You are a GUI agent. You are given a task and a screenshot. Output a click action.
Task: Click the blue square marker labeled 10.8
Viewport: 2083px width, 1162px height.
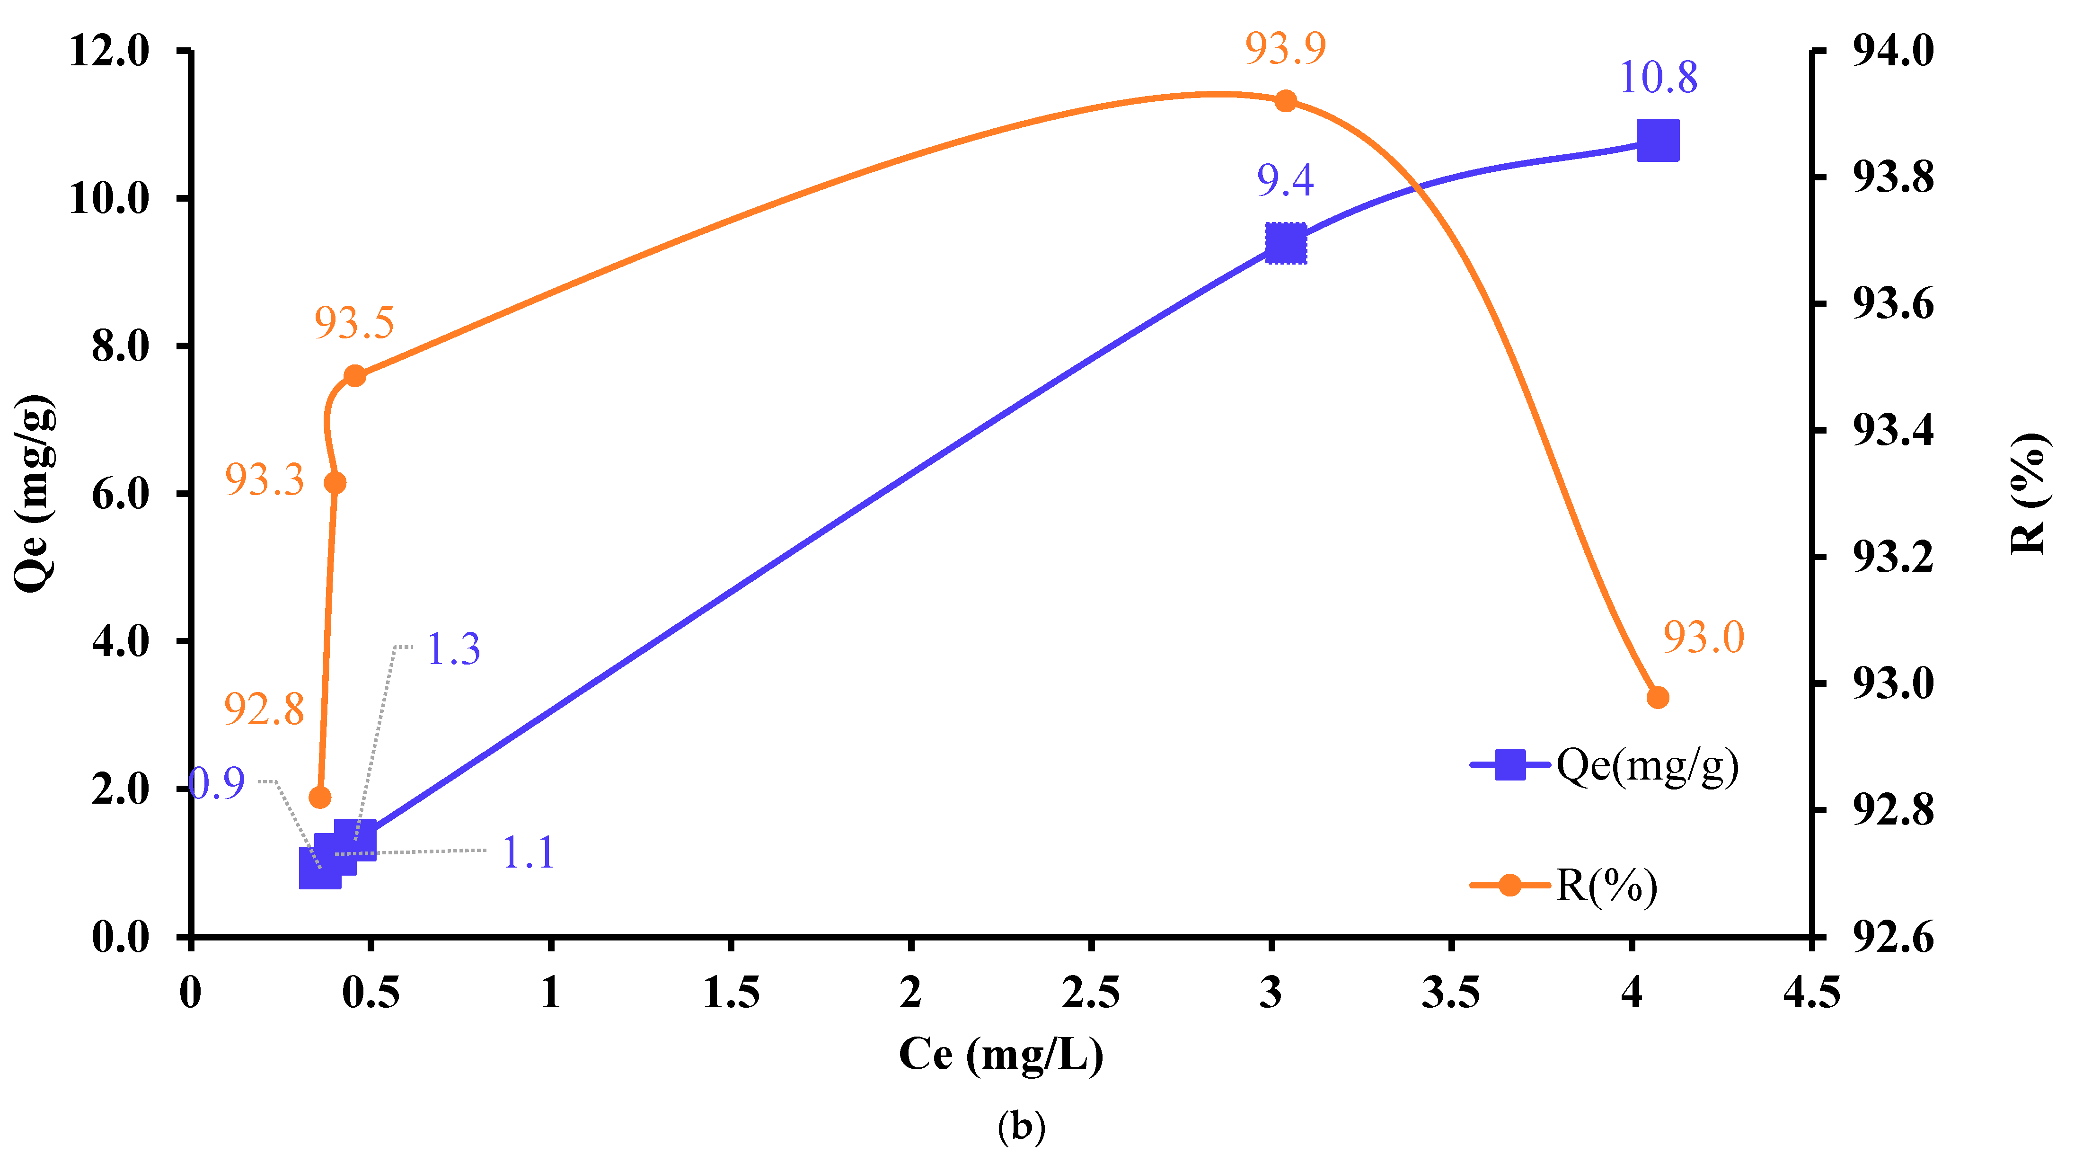[x=1657, y=141]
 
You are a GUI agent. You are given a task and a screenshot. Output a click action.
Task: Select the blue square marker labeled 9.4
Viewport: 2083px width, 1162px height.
[x=1285, y=243]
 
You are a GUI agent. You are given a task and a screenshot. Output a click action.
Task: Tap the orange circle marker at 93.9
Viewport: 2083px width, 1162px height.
[x=1285, y=101]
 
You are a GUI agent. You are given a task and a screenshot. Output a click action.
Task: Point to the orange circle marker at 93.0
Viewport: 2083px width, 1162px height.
[x=1657, y=697]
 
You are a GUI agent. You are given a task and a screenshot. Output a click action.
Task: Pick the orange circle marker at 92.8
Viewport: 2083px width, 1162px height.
[x=320, y=798]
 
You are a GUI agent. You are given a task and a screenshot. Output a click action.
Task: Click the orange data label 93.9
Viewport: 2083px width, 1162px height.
[x=1285, y=49]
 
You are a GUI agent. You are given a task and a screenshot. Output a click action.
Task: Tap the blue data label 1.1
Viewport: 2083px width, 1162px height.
[x=528, y=852]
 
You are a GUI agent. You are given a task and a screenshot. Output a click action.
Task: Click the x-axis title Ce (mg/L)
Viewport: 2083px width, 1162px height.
[x=1001, y=1054]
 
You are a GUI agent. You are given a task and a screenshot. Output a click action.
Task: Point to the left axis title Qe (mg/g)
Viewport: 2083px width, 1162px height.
[x=34, y=493]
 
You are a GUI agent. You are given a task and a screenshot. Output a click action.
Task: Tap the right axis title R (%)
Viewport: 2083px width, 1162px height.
[x=2030, y=493]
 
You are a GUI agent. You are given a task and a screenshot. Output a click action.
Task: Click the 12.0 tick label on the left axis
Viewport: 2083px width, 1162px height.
[x=110, y=52]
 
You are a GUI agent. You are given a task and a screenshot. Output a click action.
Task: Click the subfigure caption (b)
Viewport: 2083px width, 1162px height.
[x=1021, y=1126]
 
